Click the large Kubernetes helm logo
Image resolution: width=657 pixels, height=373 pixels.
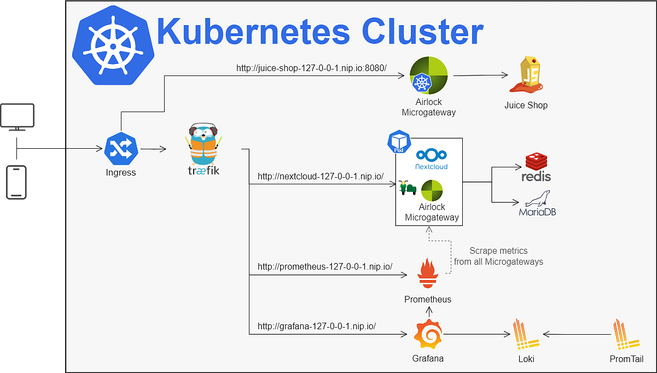[113, 45]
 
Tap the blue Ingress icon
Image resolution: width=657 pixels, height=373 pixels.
[120, 148]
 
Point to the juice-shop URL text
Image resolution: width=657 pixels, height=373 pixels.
[311, 68]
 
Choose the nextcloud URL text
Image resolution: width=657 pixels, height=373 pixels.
[320, 177]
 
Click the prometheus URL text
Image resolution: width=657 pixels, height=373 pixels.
[325, 267]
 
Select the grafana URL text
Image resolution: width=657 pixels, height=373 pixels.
[317, 326]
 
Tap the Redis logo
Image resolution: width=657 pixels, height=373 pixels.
[537, 167]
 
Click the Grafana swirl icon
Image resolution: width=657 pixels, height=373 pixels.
[428, 334]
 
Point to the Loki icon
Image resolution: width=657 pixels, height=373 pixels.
[526, 335]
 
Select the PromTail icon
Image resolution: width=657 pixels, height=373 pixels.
[626, 335]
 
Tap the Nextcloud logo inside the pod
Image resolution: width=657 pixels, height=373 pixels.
[431, 159]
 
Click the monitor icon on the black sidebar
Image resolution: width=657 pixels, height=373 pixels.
[18, 116]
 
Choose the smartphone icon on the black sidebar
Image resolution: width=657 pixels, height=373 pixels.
[16, 182]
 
